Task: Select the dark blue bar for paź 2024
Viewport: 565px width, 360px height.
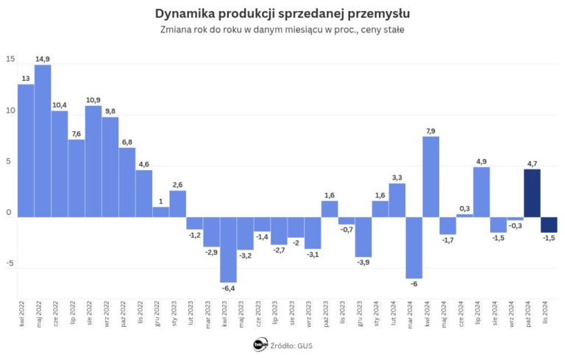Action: (532, 193)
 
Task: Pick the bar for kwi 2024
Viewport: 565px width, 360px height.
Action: (431, 177)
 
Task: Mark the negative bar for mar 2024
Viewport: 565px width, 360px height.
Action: (414, 247)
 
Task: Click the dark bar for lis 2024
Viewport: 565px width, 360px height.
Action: (549, 225)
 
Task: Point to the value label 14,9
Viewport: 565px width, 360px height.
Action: (43, 59)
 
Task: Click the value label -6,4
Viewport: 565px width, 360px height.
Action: (228, 289)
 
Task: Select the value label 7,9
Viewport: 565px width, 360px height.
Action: (431, 130)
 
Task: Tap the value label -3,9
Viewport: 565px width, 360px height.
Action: (363, 263)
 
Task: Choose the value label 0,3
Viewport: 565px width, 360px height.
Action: (465, 208)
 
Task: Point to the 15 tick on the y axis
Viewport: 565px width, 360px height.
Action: (10, 60)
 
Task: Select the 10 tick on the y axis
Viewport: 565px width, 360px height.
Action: (10, 111)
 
